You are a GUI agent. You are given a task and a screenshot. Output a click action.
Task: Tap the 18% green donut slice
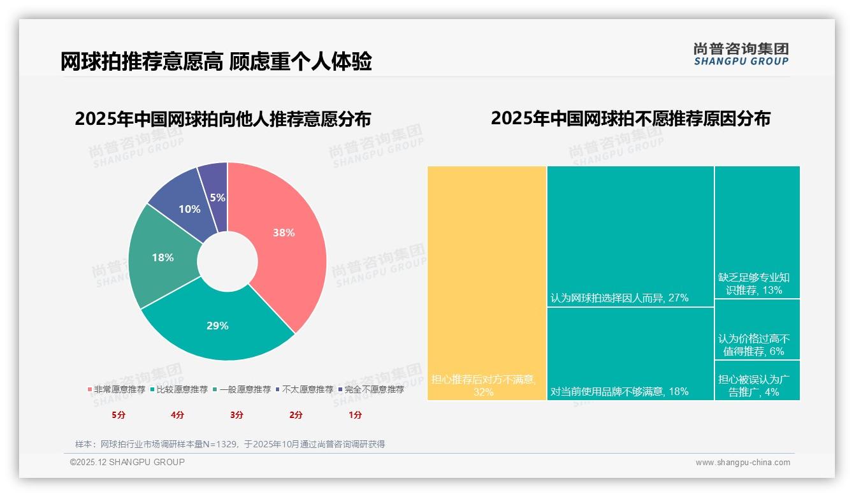(163, 258)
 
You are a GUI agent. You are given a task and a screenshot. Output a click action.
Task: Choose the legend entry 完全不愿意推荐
(371, 389)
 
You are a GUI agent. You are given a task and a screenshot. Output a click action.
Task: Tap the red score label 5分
(119, 415)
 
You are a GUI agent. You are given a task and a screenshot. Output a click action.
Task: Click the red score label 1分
(355, 415)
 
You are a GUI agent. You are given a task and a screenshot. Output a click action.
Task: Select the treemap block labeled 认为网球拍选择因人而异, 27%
(630, 236)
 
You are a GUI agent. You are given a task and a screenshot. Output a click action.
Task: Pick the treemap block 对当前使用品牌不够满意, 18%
(630, 354)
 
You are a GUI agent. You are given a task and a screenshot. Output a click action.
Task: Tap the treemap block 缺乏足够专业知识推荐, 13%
(757, 232)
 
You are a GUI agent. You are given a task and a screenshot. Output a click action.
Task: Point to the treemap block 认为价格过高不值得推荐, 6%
(757, 329)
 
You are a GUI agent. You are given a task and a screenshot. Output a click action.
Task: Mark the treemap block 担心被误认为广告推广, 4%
(757, 380)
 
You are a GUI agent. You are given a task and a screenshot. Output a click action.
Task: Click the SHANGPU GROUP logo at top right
(741, 54)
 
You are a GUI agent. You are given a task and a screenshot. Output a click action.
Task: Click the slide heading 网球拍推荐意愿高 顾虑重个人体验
(216, 62)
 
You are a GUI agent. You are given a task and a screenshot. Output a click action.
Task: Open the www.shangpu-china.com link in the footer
(742, 463)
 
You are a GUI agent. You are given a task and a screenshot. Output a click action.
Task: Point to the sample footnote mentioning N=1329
(230, 444)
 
